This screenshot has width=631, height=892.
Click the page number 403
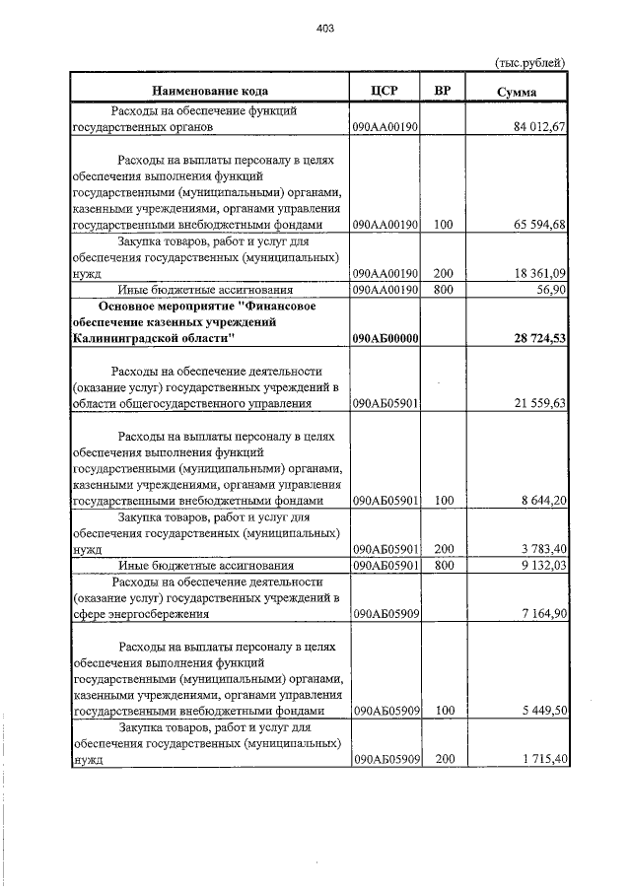(326, 29)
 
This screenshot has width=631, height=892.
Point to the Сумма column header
(517, 92)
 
